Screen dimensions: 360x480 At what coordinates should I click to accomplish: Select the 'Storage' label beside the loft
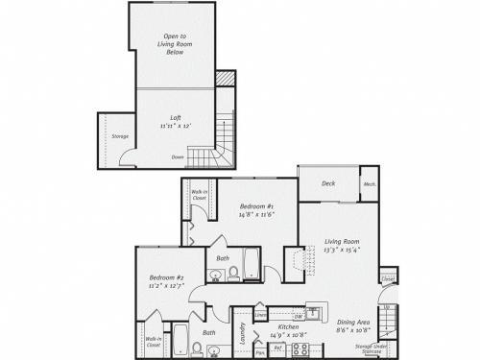tap(119, 136)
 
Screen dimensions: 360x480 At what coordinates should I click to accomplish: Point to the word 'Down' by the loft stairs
tap(178, 156)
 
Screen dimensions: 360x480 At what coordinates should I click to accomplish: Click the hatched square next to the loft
tap(225, 78)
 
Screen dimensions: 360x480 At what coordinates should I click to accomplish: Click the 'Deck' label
tap(327, 183)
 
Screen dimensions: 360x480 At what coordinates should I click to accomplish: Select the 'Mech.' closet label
tap(369, 184)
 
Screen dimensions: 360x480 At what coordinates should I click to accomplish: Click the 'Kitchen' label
tap(288, 327)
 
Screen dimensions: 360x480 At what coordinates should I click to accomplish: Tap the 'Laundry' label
tap(244, 332)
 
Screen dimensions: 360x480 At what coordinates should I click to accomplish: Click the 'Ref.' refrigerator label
tap(277, 348)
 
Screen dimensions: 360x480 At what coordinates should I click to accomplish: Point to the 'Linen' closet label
tap(261, 313)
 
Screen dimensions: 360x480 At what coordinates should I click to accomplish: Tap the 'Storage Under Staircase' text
tap(370, 348)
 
